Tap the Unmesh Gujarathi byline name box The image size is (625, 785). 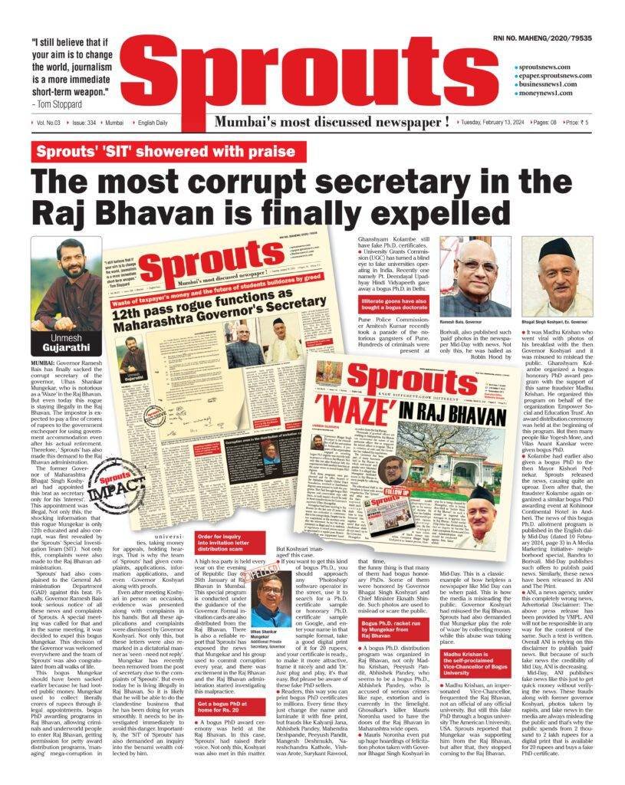click(67, 342)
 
